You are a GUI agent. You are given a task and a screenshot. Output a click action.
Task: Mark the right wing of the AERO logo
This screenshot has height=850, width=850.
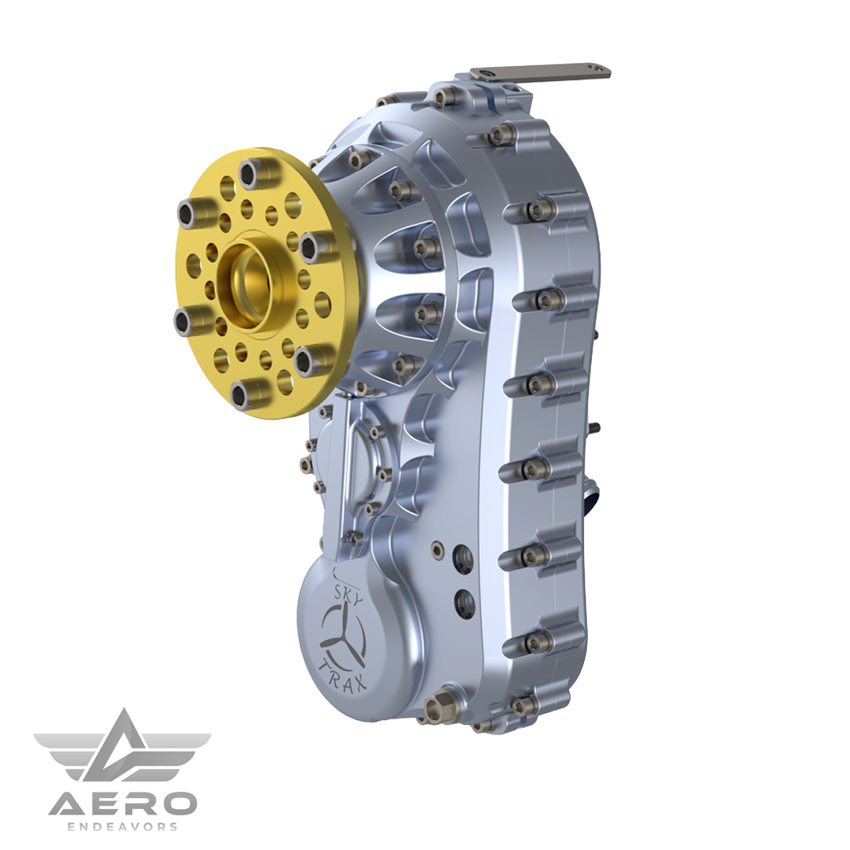coord(177,752)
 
